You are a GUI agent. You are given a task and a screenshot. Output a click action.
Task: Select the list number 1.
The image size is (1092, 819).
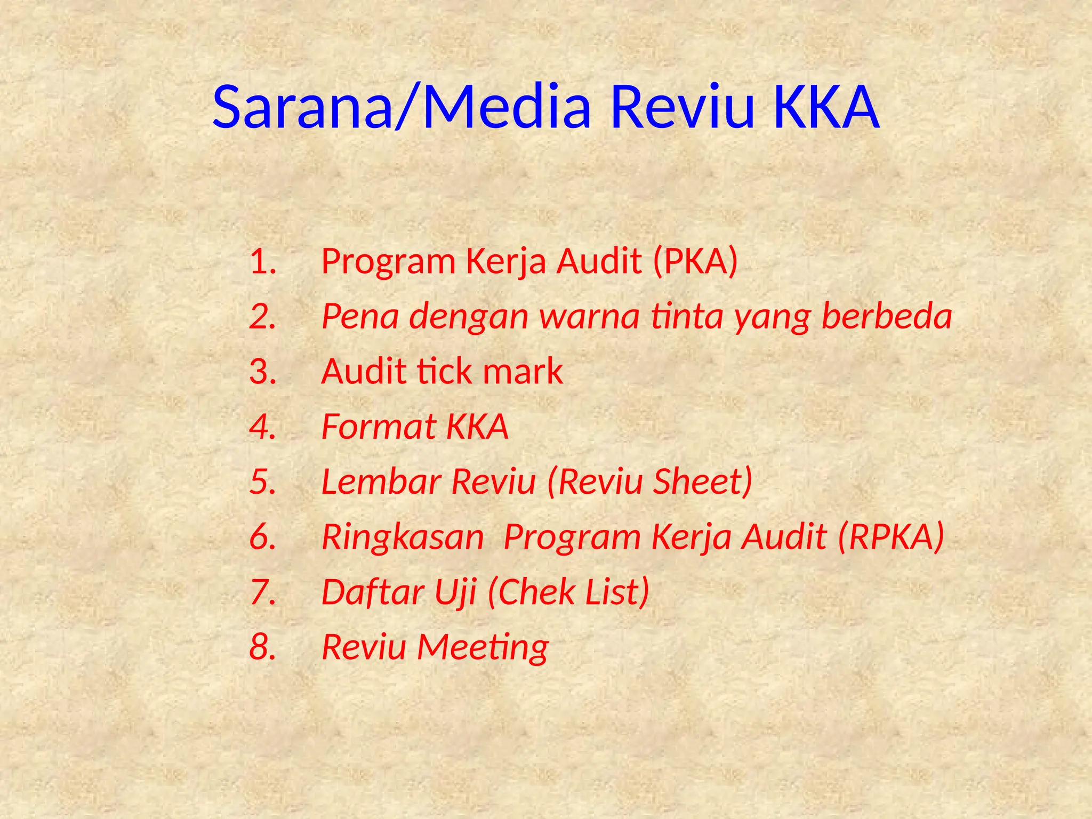pos(262,262)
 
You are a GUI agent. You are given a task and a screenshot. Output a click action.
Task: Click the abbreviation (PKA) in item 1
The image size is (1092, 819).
pos(695,262)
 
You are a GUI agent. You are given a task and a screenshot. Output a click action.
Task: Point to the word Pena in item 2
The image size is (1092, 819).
pos(360,316)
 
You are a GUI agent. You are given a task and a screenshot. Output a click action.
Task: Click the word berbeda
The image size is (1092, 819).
pos(887,316)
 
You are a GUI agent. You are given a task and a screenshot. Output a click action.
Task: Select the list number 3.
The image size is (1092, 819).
pos(262,372)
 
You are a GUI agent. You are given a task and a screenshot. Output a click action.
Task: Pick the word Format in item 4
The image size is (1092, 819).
pos(379,427)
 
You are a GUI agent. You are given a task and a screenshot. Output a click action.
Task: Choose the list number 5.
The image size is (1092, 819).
pos(262,481)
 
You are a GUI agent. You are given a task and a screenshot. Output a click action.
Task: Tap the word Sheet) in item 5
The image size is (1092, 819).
pos(703,481)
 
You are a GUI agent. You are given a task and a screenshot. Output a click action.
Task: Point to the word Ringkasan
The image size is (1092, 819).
pos(403,537)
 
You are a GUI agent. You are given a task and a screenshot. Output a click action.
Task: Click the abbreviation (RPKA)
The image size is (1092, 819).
pos(891,537)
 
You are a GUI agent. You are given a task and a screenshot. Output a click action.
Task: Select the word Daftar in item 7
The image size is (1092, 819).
pos(373,592)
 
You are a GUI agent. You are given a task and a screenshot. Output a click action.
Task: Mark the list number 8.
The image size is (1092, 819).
pos(262,647)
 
